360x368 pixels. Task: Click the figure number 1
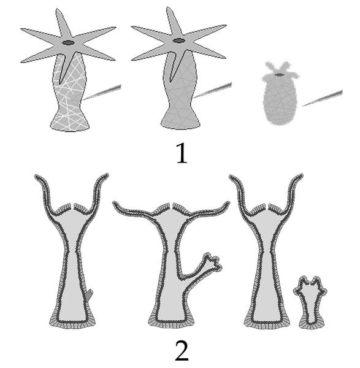pos(182,153)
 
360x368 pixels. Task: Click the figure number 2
pos(182,351)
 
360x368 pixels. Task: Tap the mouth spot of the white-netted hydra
pos(68,43)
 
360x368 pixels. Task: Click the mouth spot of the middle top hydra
pos(179,41)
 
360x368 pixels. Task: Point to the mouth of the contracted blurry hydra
pos(279,75)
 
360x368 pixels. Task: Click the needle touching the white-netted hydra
pos(102,92)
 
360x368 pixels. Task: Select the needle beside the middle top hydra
pos(213,90)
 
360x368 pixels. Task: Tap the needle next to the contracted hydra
pos(323,98)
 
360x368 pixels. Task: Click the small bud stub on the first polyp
pos(89,296)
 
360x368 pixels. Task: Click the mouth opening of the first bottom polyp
pos(72,206)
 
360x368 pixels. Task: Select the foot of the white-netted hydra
pos(70,124)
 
